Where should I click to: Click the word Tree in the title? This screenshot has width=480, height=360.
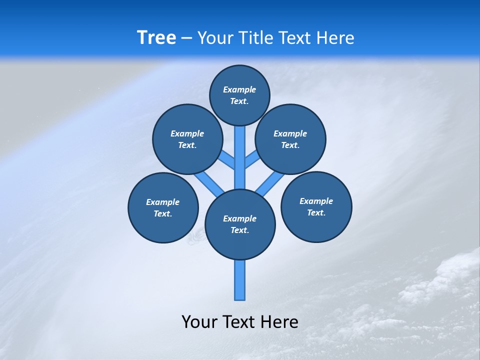pos(156,37)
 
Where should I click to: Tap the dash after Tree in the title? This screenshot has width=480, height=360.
pos(186,38)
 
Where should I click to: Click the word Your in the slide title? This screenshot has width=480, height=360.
pos(215,37)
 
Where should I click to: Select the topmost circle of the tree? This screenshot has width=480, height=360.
pos(239,95)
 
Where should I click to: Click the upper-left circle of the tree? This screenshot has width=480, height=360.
pos(187,139)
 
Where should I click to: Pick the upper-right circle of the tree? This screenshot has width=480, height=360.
pos(290,139)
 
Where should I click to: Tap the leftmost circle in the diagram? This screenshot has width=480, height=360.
pos(163,208)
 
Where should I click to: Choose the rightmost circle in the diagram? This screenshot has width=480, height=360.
pos(316,207)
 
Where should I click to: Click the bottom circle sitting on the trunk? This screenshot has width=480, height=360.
pos(240,224)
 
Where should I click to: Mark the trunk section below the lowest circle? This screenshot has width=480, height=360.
pos(240,280)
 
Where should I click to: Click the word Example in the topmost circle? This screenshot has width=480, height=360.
pos(239,89)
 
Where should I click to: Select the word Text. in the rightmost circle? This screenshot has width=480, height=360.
pos(316,213)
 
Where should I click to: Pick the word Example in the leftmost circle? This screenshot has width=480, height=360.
pos(163,202)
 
